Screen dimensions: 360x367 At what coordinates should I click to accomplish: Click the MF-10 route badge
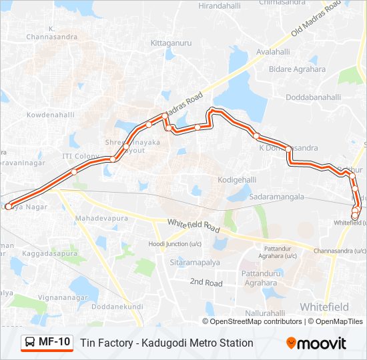click(x=47, y=343)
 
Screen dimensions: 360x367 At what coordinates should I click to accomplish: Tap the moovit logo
click(x=316, y=343)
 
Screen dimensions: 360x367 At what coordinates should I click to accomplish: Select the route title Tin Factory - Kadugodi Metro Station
click(x=167, y=343)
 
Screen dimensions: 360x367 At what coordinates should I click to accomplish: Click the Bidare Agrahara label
click(x=297, y=69)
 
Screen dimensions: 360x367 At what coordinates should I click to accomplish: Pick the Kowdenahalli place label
click(x=51, y=115)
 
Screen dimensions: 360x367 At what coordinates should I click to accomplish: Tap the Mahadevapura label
click(x=101, y=218)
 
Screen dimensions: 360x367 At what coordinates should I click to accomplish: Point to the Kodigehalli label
click(x=238, y=181)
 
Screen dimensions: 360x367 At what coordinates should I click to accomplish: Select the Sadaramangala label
click(x=276, y=197)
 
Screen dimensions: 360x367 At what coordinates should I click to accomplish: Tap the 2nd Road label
click(x=206, y=283)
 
